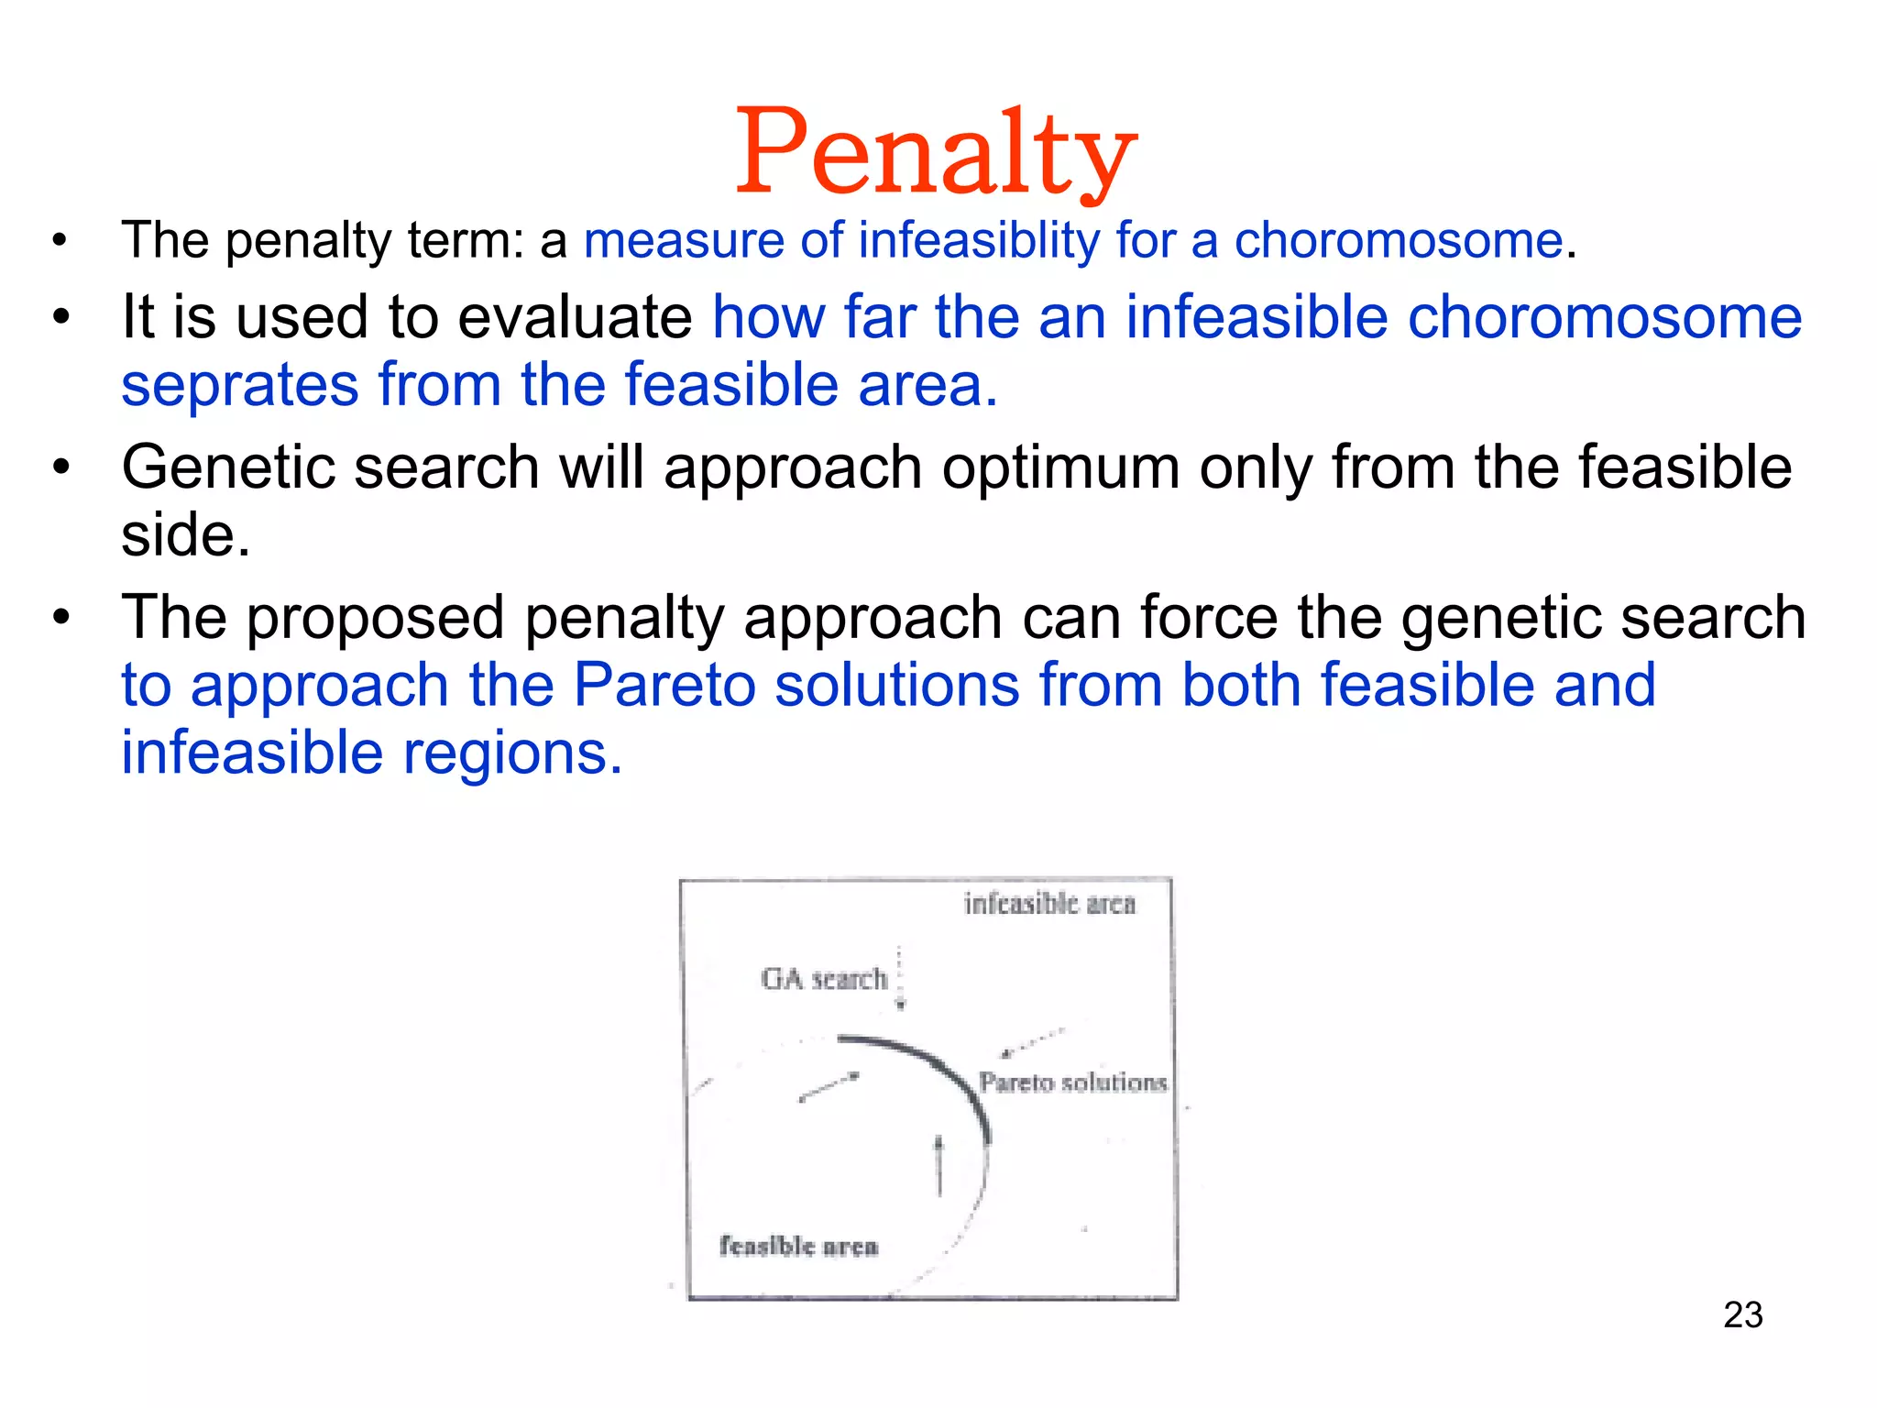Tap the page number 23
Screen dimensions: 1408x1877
pos(1742,1314)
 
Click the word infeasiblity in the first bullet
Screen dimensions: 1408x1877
pos(979,241)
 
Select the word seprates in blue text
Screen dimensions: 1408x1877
pos(239,385)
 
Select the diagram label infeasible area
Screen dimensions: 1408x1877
pos(1049,905)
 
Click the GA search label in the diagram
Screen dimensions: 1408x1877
pos(824,979)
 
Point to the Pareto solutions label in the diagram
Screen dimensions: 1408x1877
pos(1072,1083)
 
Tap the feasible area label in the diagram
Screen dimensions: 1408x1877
pos(798,1246)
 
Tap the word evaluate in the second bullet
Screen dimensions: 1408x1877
pos(575,318)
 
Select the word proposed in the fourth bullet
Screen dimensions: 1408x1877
pos(376,618)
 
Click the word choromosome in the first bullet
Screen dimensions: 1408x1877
pos(1398,241)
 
